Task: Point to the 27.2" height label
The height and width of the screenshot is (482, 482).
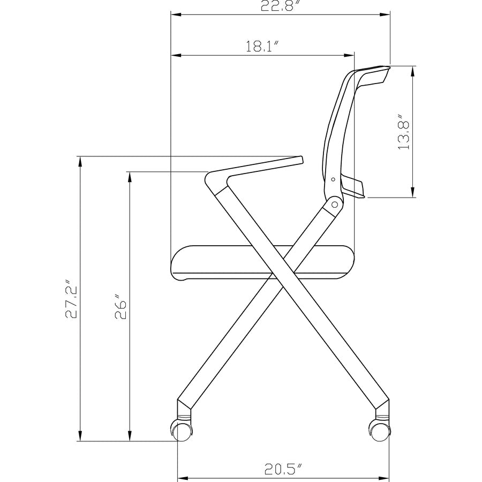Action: coord(72,299)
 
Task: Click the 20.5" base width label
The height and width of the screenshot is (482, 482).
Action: coord(283,470)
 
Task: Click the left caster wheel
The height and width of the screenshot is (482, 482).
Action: coord(182,430)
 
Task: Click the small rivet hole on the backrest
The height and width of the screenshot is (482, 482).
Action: coord(333,179)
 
